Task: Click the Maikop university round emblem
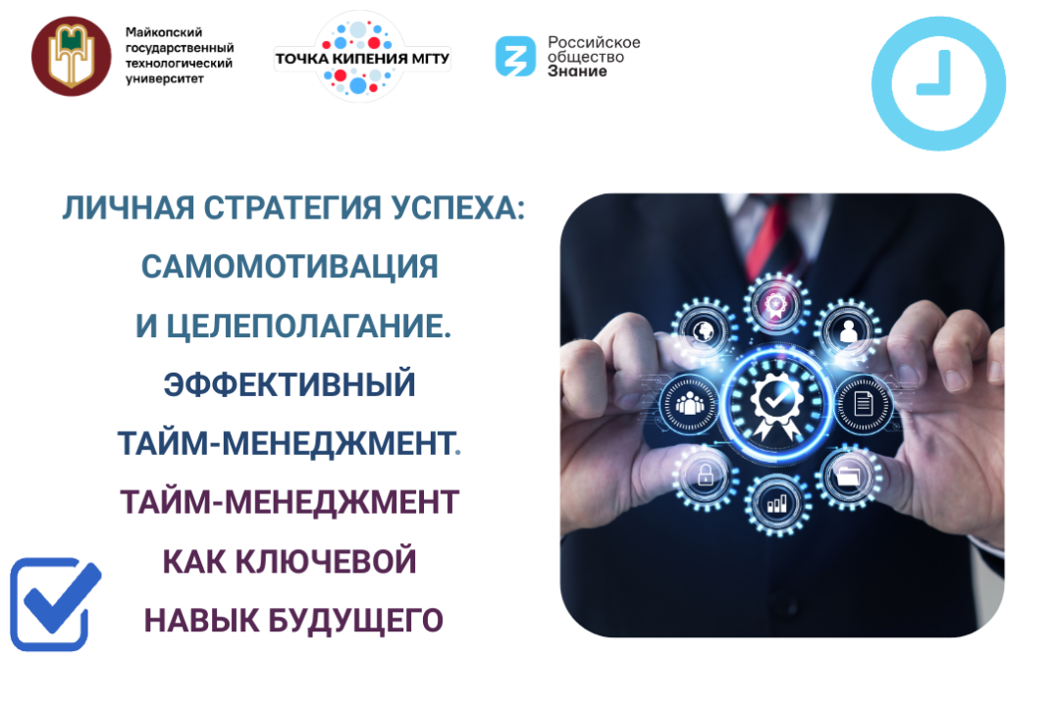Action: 71,56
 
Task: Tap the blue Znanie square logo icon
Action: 515,56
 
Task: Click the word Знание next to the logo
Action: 577,72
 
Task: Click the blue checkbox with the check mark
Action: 53,605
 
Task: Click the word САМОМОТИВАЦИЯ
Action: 290,267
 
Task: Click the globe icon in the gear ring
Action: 704,328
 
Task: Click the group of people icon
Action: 686,402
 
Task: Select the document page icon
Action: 863,402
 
